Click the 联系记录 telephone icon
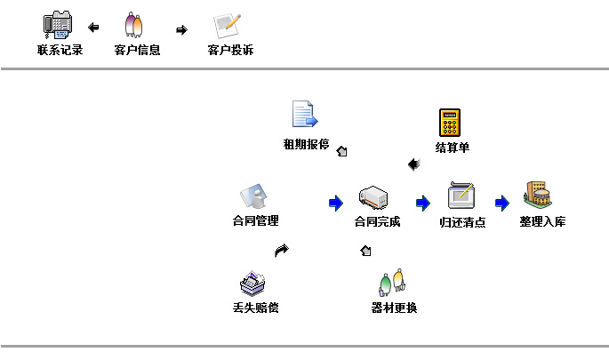pyautogui.click(x=60, y=25)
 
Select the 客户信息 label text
pyautogui.click(x=138, y=51)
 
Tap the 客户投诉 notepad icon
pyautogui.click(x=228, y=25)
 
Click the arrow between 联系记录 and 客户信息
pyautogui.click(x=94, y=28)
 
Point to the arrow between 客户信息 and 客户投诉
pyautogui.click(x=182, y=29)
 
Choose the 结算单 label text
pyautogui.click(x=453, y=148)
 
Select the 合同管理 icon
pyautogui.click(x=252, y=196)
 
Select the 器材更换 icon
pyautogui.click(x=393, y=282)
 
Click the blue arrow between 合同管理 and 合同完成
pyautogui.click(x=335, y=204)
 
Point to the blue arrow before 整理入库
pyautogui.click(x=502, y=204)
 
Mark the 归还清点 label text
pyautogui.click(x=462, y=222)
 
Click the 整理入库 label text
pyautogui.click(x=542, y=222)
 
